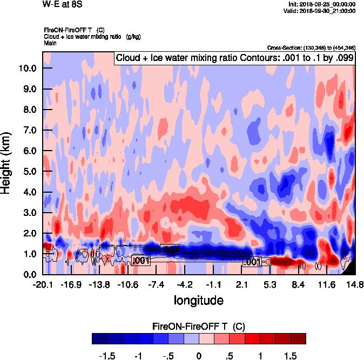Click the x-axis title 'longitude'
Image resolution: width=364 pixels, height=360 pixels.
[x=198, y=300]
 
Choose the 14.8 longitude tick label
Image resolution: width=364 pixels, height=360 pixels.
[x=354, y=284]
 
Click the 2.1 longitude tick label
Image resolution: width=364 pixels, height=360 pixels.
[x=242, y=284]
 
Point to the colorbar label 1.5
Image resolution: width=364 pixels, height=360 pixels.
[x=291, y=356]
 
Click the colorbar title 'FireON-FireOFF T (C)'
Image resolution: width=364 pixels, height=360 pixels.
[x=199, y=327]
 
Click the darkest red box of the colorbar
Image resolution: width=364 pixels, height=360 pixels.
[x=298, y=339]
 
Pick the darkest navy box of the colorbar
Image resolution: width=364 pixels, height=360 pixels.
[x=99, y=339]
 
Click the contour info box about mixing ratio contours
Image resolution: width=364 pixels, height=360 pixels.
[x=234, y=58]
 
